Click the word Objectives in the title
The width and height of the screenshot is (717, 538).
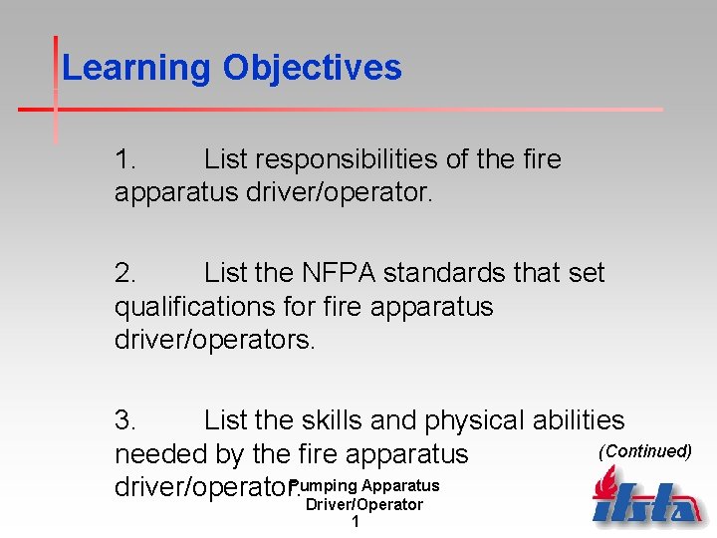pyautogui.click(x=312, y=69)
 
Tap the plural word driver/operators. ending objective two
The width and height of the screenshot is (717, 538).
pyautogui.click(x=214, y=340)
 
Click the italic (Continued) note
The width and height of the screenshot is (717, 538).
pyautogui.click(x=644, y=451)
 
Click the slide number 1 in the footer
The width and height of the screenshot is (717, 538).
pyautogui.click(x=356, y=521)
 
